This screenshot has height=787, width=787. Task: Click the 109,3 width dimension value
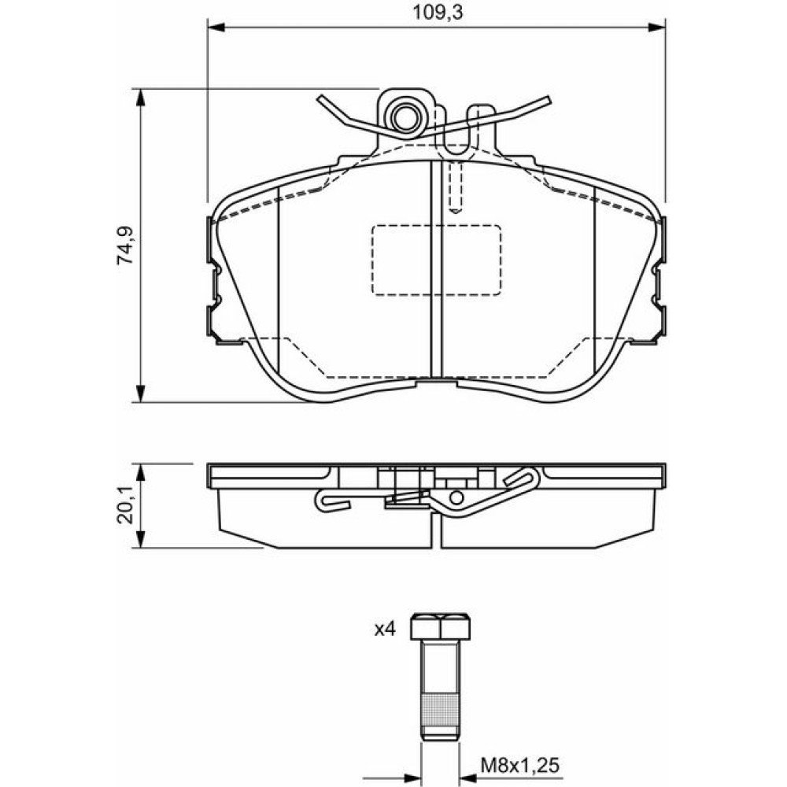click(437, 12)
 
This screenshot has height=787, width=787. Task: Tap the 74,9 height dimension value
click(125, 246)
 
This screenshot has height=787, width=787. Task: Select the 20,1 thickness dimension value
click(125, 505)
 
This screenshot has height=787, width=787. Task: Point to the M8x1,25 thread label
click(520, 766)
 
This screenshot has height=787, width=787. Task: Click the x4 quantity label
click(385, 629)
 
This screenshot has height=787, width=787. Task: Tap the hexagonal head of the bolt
click(440, 626)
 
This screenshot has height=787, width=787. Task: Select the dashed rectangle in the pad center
click(436, 260)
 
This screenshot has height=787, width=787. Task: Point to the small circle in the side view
click(456, 497)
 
